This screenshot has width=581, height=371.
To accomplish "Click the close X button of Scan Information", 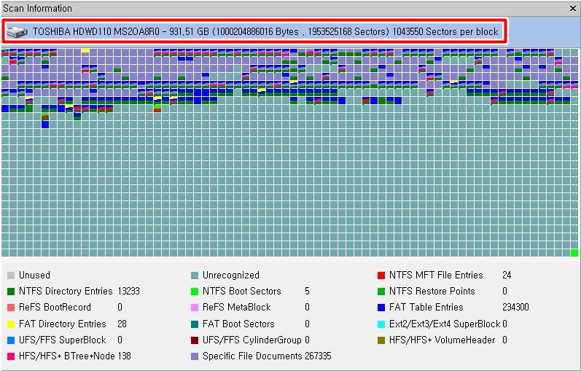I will click(573, 9).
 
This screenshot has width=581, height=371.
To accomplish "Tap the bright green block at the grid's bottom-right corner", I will click(574, 253).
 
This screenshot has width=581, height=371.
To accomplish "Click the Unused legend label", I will click(34, 276).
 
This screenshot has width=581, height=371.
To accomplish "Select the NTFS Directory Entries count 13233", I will click(129, 292).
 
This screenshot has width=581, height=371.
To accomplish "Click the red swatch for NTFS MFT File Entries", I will click(381, 276).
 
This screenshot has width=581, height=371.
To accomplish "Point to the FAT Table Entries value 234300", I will click(515, 308).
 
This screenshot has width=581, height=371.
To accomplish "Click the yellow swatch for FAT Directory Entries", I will click(10, 324).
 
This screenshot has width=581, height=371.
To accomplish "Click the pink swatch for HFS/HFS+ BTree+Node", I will click(10, 356).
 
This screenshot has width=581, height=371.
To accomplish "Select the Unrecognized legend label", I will click(230, 276).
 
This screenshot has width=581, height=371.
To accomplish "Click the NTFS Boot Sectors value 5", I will click(307, 292).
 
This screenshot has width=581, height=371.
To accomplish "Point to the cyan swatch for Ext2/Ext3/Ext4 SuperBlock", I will click(381, 324).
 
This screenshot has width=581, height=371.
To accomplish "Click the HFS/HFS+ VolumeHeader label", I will click(442, 340).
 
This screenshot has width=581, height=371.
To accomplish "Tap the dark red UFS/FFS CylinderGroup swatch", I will click(194, 340).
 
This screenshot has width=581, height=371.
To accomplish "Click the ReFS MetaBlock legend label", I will click(236, 308).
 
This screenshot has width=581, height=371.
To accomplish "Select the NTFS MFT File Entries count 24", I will click(507, 276).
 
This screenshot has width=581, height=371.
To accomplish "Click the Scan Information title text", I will click(37, 9).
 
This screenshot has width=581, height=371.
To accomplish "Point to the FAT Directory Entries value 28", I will click(122, 324).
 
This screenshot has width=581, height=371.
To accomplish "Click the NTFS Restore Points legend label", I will click(432, 292).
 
